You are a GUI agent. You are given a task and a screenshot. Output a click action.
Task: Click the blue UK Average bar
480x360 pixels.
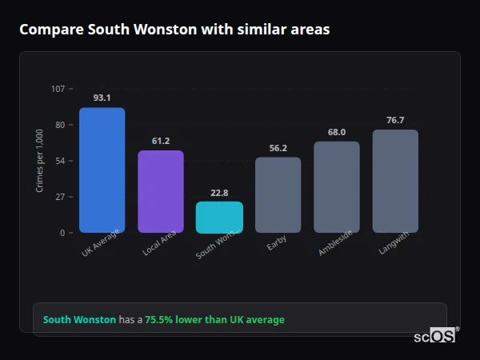[x=102, y=170]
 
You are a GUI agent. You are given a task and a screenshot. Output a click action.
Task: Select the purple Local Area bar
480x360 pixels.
[x=161, y=192]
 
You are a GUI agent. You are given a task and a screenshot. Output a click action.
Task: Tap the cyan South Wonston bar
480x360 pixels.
[x=219, y=218]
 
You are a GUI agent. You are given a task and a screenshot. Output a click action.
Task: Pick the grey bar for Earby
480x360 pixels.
[x=278, y=195]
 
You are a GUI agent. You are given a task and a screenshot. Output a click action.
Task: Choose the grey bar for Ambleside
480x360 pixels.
[x=337, y=187]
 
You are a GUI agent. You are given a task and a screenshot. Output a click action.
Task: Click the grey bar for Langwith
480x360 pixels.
[x=395, y=182]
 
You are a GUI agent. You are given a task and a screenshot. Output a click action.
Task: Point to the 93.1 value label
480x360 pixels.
[x=102, y=98]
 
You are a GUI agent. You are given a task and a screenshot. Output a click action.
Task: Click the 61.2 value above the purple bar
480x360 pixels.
[x=161, y=141]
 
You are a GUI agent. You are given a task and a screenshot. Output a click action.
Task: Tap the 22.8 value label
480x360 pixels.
[x=219, y=193]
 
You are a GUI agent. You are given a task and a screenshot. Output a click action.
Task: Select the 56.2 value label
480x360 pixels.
[x=278, y=148]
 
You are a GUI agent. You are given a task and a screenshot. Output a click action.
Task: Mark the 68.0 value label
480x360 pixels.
[x=337, y=132]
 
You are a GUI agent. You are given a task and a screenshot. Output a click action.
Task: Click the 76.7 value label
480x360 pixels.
[x=395, y=120]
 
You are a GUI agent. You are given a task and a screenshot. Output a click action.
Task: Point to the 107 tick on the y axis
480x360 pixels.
[x=58, y=89]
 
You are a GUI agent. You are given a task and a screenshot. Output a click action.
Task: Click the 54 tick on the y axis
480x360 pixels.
[x=61, y=161]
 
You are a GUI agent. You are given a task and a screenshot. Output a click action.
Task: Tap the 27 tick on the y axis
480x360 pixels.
[x=61, y=197]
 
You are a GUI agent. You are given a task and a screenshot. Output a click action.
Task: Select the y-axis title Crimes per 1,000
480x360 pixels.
[x=40, y=161]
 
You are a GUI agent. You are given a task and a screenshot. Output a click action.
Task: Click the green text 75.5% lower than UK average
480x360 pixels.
[x=214, y=320]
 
